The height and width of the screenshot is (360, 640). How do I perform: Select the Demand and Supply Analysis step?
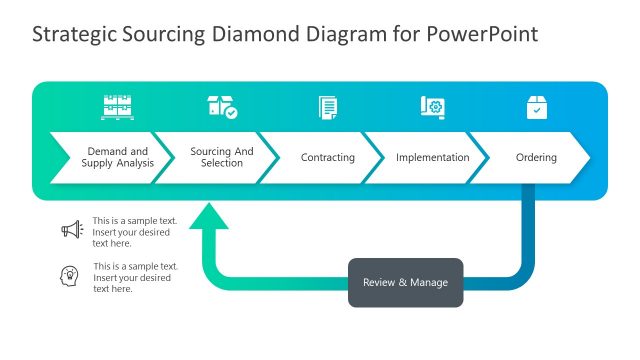coord(116,157)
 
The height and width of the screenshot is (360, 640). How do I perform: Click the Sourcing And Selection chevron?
coord(221,157)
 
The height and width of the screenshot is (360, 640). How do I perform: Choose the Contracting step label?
coord(327,157)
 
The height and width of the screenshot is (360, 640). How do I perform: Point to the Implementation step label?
coord(432,157)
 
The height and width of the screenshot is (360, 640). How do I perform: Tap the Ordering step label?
coord(536,157)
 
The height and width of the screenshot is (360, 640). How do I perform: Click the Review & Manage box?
coord(405,282)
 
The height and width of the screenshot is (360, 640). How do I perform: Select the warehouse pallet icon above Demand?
coord(117,107)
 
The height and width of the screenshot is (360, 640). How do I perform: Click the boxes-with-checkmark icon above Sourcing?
coord(222,107)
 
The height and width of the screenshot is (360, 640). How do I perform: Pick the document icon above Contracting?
coord(328,107)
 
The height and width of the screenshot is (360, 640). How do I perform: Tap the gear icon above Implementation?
coord(432,107)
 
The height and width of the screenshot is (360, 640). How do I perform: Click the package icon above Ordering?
coord(537,107)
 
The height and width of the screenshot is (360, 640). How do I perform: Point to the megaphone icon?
coord(71,230)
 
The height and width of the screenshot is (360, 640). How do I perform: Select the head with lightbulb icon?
coord(71,275)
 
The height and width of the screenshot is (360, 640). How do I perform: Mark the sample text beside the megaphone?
coord(134,231)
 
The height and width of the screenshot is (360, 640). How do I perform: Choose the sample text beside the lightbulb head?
coord(135,277)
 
